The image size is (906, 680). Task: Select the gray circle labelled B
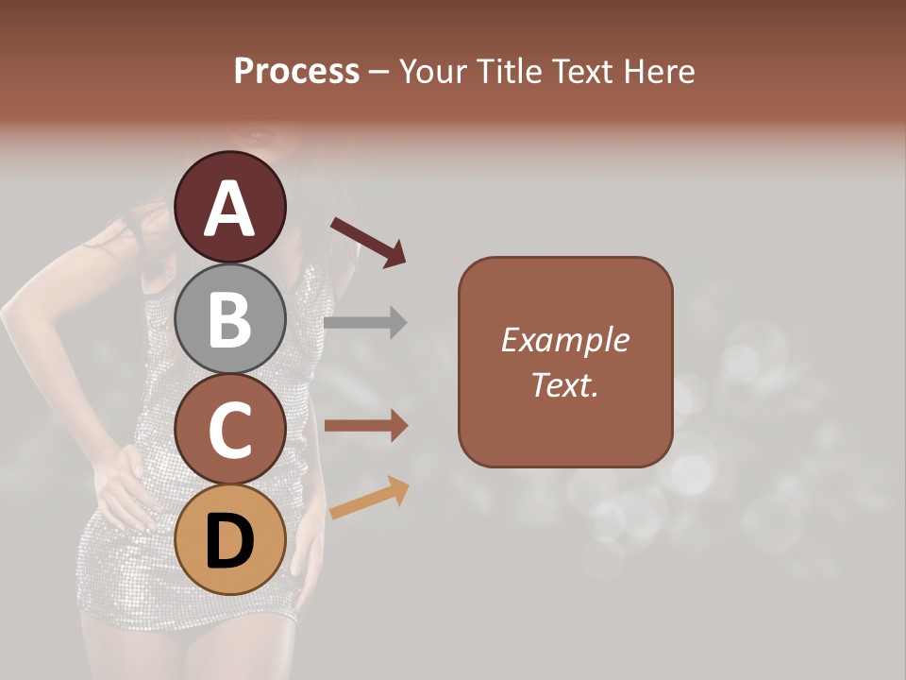pyautogui.click(x=230, y=319)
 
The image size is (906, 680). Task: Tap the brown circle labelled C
pyautogui.click(x=230, y=430)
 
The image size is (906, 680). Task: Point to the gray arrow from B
pyautogui.click(x=365, y=322)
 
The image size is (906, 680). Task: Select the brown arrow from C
pyautogui.click(x=365, y=426)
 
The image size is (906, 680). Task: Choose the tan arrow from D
pyautogui.click(x=369, y=498)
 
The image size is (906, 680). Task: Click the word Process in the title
pyautogui.click(x=296, y=71)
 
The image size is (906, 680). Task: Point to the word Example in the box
pyautogui.click(x=564, y=340)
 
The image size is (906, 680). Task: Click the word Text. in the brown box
pyautogui.click(x=564, y=384)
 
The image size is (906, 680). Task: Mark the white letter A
pyautogui.click(x=230, y=210)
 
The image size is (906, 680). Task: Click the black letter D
pyautogui.click(x=230, y=542)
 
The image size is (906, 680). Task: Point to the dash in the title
pyautogui.click(x=378, y=72)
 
